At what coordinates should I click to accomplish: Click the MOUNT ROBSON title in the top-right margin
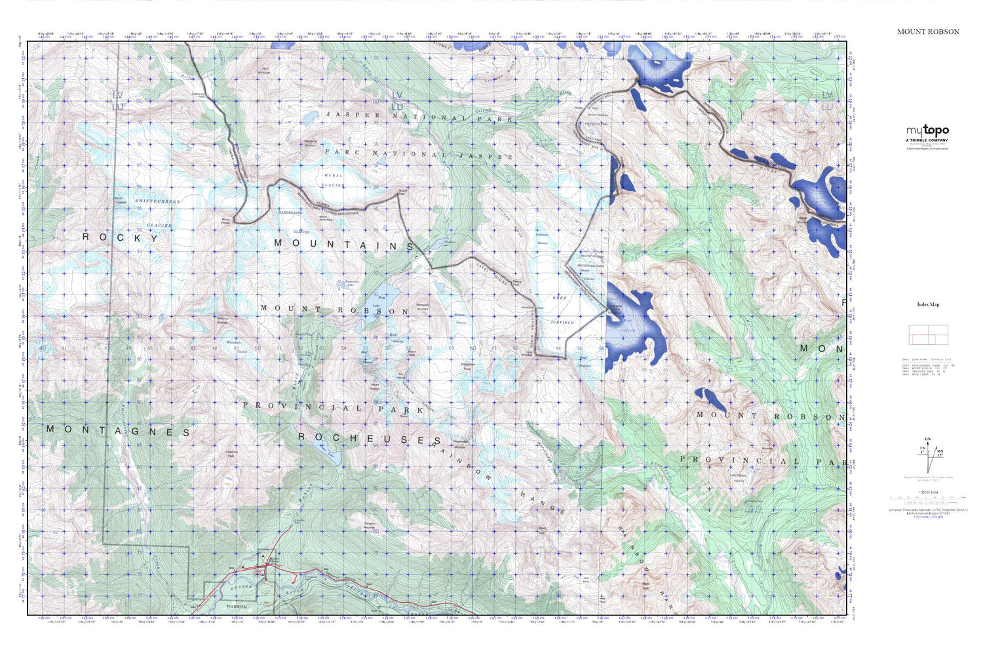click(x=928, y=31)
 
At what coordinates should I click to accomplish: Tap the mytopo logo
click(x=927, y=131)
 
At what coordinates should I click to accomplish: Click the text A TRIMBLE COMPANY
click(x=927, y=140)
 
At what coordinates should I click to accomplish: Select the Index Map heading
click(x=928, y=304)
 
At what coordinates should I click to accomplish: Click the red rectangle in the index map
click(x=923, y=339)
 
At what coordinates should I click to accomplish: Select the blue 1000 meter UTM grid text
click(x=928, y=518)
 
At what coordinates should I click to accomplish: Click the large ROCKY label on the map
click(x=121, y=237)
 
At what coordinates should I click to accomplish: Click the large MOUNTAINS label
click(x=345, y=244)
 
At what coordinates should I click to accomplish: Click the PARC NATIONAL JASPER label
click(x=419, y=154)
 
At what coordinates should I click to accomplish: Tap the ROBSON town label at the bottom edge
click(x=237, y=607)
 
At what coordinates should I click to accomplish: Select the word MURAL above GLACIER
click(x=334, y=176)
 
